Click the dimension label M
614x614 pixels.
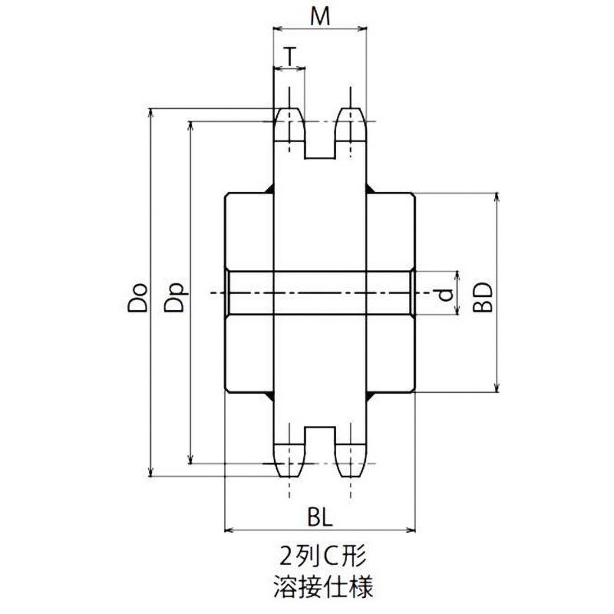tap(320, 17)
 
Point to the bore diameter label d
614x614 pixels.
tap(444, 293)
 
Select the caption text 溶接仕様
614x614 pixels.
tap(322, 589)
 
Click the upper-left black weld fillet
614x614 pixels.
tap(270, 190)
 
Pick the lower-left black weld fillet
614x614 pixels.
tap(270, 395)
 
